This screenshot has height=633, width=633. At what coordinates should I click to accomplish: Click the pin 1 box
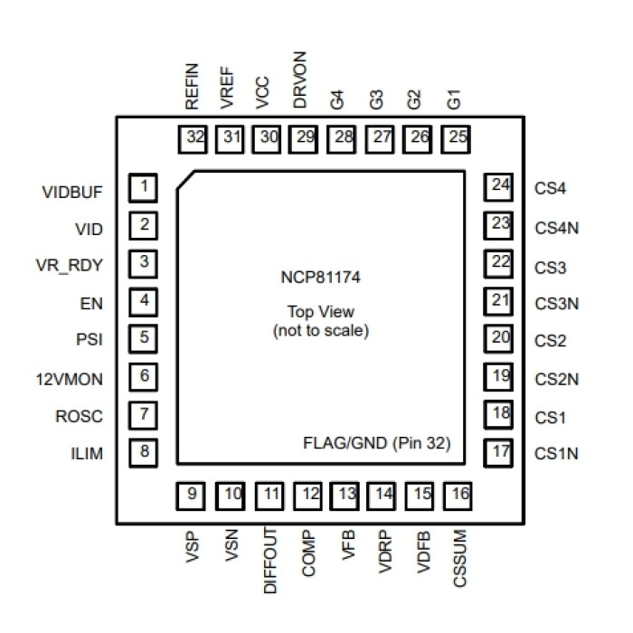143,188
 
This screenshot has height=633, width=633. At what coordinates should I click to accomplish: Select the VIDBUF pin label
72,193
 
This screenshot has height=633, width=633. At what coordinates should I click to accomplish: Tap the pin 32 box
193,137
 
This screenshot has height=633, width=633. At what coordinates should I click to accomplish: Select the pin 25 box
458,137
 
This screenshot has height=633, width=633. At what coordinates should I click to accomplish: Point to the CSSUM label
458,562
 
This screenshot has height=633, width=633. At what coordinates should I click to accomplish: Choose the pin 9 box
193,495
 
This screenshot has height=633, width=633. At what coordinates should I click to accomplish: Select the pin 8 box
143,449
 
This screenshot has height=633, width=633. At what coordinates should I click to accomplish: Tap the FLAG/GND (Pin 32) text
376,444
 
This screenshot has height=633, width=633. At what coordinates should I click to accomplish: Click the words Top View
319,312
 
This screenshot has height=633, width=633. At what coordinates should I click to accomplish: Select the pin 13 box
345,495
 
